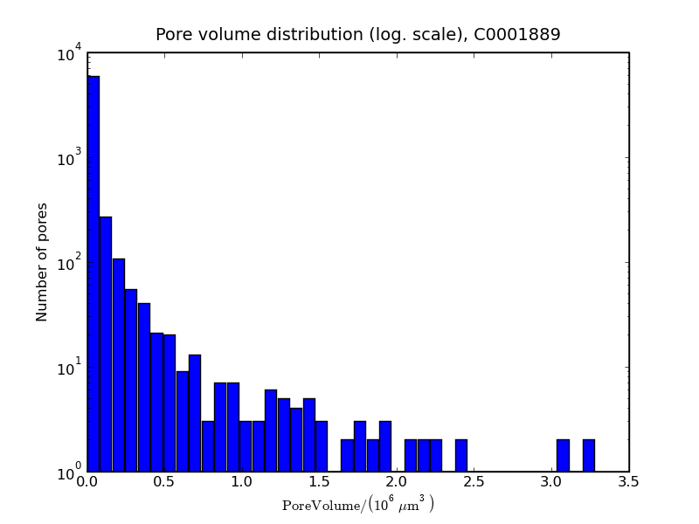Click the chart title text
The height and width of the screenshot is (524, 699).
pos(357,35)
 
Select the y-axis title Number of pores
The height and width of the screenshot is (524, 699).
pos(42,262)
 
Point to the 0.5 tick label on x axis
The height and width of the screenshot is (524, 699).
pos(164,481)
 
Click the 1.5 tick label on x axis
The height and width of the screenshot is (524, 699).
pos(319,481)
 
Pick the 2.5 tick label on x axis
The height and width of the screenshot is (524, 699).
pos(474,481)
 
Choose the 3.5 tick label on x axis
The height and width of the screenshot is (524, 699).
pos(628,481)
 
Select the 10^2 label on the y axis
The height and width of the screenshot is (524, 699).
pos(70,263)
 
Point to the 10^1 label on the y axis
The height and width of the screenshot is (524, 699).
pos(70,368)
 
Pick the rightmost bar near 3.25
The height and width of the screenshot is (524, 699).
pos(589,456)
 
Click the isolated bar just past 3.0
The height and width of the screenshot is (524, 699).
pos(563,456)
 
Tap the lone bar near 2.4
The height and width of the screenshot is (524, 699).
pos(460,456)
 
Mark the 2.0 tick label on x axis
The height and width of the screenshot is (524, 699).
pos(397,481)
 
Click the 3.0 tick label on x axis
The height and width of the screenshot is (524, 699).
pos(551,481)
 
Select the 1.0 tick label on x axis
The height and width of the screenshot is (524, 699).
pos(242,481)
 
